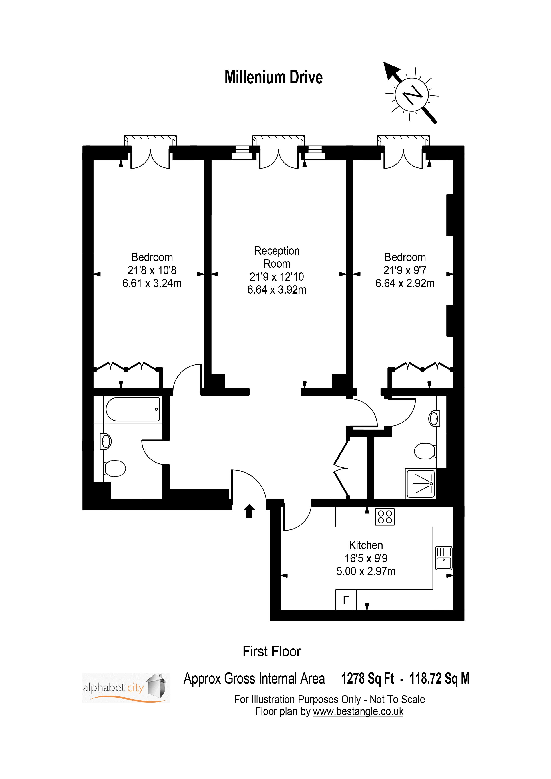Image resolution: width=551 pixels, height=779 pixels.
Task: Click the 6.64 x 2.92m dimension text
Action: coord(405,283)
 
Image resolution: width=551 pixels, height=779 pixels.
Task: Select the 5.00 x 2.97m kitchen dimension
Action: coord(366,571)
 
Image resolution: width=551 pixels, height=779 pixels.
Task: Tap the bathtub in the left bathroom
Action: coord(133,409)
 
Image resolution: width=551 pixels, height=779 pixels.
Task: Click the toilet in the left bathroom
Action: coord(115,469)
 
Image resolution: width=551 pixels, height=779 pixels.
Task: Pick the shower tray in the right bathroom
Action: coord(421,483)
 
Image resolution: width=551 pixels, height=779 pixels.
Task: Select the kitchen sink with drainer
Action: coord(444,558)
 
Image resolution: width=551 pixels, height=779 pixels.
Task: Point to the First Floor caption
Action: coord(272,652)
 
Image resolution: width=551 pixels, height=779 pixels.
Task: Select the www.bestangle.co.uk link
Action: coord(358,711)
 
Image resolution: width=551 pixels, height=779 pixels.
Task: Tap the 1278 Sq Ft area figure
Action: coord(368,679)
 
